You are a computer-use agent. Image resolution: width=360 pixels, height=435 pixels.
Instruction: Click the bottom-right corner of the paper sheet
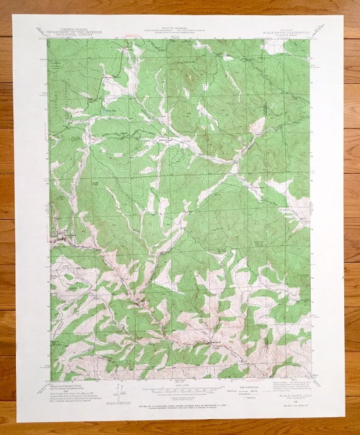345,420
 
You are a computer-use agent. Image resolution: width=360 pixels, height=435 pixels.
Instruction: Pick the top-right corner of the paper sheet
343,16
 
